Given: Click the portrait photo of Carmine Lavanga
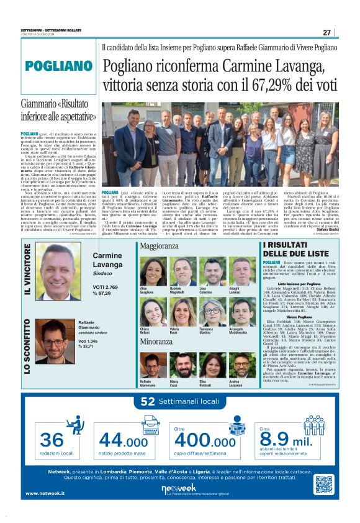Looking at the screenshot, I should tap(58, 271).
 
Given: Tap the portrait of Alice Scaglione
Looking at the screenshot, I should tap(151, 271).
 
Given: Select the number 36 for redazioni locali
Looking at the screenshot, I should tap(51, 440).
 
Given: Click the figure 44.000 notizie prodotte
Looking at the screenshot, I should tap(123, 440).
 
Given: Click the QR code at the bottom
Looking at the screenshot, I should tap(323, 483).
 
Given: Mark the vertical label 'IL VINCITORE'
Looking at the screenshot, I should tap(27, 271).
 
